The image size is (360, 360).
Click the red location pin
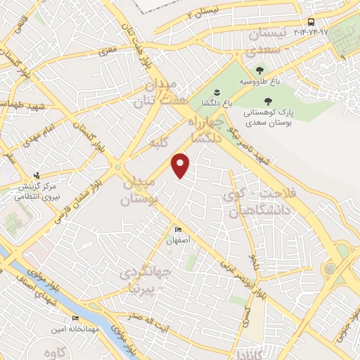click(x=181, y=165)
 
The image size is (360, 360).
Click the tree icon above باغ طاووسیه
click(x=260, y=70)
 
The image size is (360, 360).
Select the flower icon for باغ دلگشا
click(x=217, y=92)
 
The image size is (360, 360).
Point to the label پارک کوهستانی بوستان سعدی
click(x=266, y=117)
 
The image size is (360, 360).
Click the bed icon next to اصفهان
click(x=178, y=230)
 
